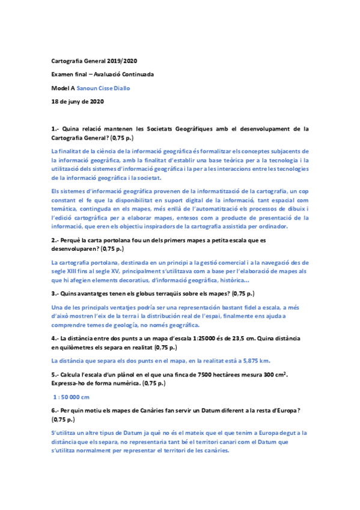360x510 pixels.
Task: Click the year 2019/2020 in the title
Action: [123, 61]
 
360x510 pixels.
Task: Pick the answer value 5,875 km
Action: [253, 360]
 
